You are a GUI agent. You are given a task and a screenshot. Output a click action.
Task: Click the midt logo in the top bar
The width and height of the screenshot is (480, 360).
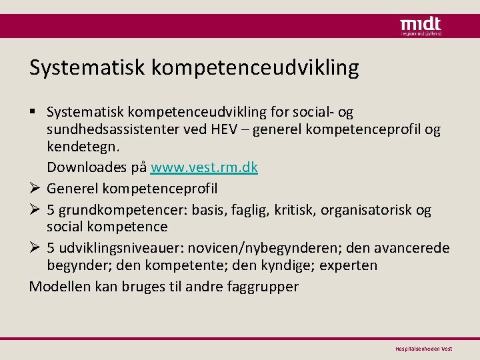(x=420, y=25)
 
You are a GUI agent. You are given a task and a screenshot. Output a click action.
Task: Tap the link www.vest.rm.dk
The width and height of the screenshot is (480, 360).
(x=204, y=167)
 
